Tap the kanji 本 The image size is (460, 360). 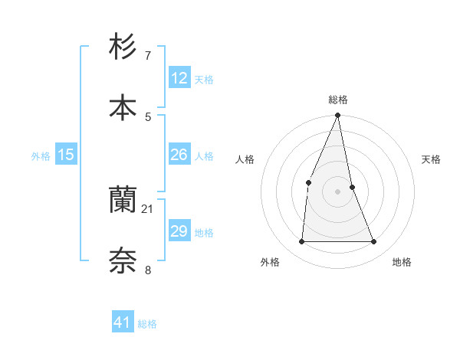point(123,108)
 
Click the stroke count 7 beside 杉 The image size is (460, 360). point(148,56)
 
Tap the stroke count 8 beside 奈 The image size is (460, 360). point(148,270)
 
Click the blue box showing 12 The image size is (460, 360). point(179,78)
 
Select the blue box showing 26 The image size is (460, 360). point(179,155)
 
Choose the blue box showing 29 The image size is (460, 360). point(179,231)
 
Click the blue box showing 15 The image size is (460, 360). point(65,155)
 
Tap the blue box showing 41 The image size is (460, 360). point(123,322)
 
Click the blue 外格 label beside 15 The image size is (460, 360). point(41,156)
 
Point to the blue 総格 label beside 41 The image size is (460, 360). point(147,324)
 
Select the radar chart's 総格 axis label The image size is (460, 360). point(338,100)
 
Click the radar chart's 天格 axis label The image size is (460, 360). point(432,159)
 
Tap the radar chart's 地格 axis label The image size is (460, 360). point(402,262)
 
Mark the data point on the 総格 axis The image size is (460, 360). point(337,116)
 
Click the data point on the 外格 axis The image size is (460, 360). point(301,241)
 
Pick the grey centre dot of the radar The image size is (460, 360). point(337,191)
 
